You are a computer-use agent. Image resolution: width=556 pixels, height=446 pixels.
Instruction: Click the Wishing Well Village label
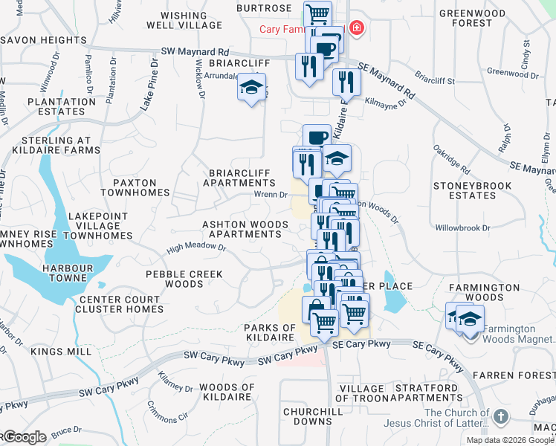point(190,20)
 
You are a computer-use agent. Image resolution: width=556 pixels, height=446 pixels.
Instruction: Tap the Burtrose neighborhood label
point(264,8)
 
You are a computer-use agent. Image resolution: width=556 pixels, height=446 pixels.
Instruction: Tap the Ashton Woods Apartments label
point(245,229)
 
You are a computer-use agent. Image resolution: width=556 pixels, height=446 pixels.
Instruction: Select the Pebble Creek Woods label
point(184,279)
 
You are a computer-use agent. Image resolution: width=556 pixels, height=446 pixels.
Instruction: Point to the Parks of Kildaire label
point(270,332)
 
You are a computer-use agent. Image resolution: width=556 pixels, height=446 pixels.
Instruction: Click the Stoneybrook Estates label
point(462,190)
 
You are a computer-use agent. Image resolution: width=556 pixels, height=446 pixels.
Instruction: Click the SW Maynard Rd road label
point(195,52)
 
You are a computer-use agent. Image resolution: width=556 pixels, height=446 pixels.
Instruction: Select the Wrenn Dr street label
point(271,195)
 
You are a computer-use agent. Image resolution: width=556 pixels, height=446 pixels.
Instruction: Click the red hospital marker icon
point(358,28)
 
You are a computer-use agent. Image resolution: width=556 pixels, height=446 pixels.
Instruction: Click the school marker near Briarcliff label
point(251,88)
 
